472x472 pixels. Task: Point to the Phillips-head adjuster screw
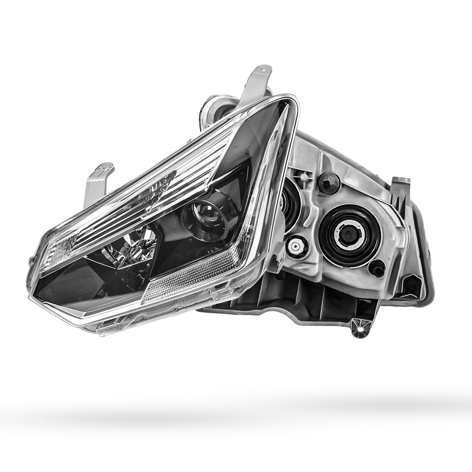[297, 246]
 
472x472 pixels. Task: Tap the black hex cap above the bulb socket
[329, 182]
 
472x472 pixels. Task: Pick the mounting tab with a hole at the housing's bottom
[360, 327]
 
